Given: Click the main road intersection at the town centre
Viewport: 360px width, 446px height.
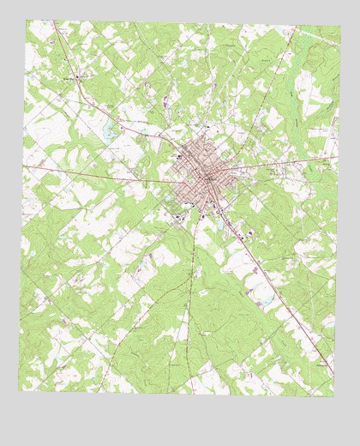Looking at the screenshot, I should (x=208, y=177).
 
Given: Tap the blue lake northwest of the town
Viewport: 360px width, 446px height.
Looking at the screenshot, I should (x=109, y=134).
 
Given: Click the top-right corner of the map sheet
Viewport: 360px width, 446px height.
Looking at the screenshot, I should (x=340, y=26).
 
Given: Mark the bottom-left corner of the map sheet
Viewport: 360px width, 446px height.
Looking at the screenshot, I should (x=19, y=390).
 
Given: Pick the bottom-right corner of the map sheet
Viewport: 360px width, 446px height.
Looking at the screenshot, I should (x=333, y=396).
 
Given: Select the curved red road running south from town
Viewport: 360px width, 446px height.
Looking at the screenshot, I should (x=192, y=283).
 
